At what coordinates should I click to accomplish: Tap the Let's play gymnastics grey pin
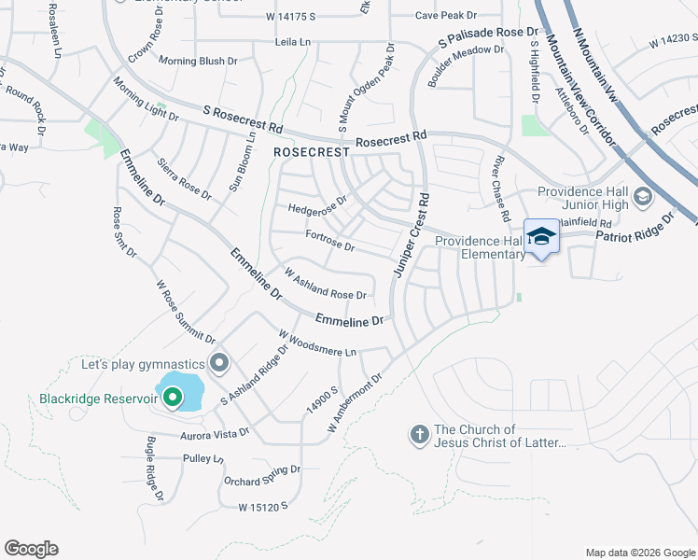pos(220,362)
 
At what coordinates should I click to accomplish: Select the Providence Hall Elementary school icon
pos(540,237)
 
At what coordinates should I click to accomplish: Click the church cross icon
pos(419,434)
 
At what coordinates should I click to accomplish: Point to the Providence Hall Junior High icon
pos(642,197)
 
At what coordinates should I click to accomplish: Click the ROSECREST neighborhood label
pos(312,151)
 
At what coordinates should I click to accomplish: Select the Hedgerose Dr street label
pos(317,204)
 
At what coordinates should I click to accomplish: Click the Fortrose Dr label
pos(329,242)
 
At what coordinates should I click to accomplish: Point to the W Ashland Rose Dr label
pos(324,285)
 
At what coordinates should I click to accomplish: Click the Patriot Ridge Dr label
pos(643,229)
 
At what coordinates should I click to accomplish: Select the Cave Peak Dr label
pos(445,16)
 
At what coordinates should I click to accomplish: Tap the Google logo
pos(31,549)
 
